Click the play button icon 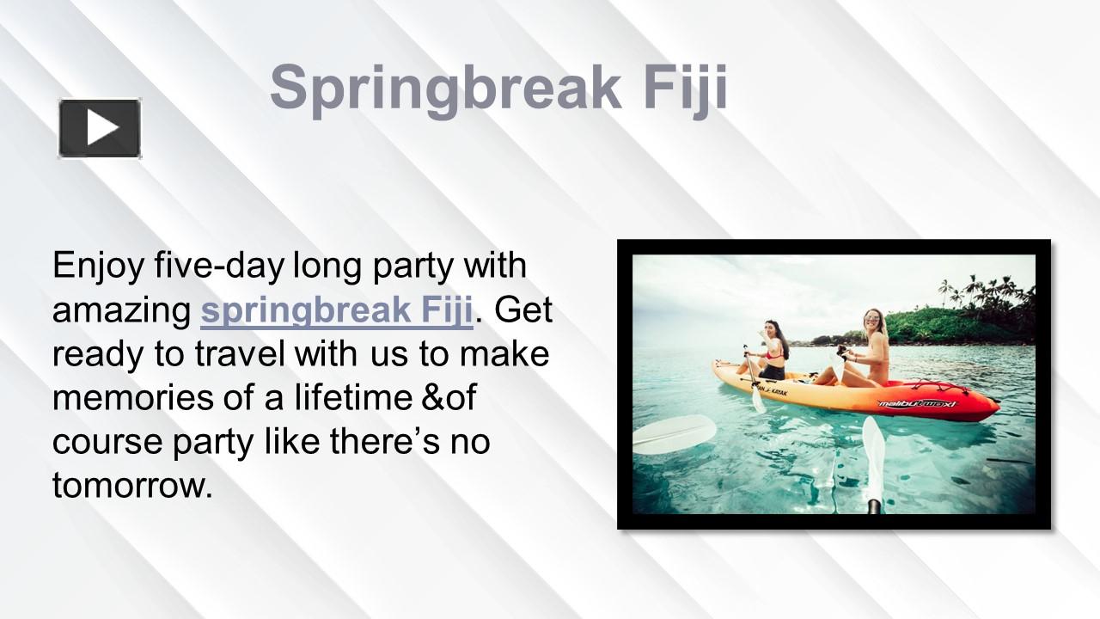[x=100, y=129]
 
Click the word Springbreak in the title [x=445, y=88]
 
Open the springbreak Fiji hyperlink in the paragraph [x=337, y=310]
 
